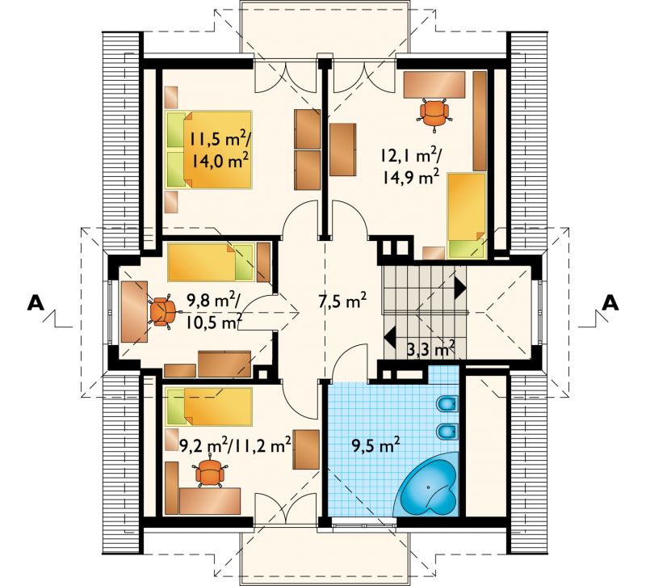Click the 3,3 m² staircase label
tap(430, 349)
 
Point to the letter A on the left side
tap(36, 303)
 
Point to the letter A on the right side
tap(610, 303)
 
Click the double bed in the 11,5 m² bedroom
tap(208, 150)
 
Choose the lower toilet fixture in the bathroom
tap(447, 432)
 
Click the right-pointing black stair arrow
tap(460, 288)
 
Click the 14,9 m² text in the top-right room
tap(408, 178)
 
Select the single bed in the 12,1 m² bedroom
tap(467, 216)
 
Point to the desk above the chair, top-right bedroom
tap(434, 85)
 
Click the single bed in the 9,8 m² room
tap(211, 262)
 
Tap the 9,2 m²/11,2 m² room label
tap(236, 445)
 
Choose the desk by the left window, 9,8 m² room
tap(134, 312)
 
